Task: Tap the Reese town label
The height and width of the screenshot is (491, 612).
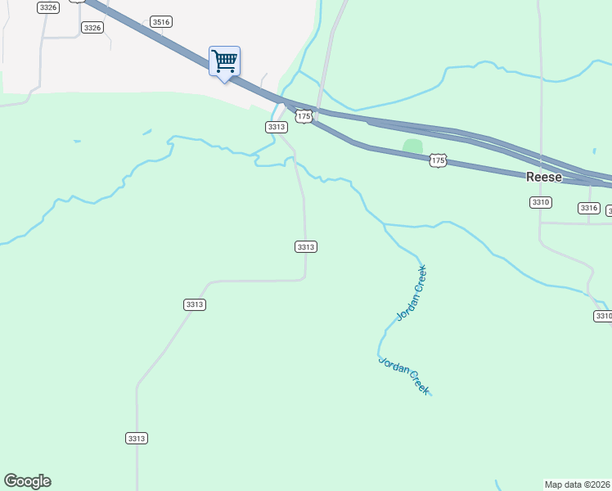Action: [544, 178]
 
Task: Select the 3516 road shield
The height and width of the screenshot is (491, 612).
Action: [161, 22]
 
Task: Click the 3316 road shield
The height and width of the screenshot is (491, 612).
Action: [589, 208]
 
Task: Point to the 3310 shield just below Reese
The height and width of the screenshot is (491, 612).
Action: [540, 201]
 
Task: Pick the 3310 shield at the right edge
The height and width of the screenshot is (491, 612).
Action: [603, 316]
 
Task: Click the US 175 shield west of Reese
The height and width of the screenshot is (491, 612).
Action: [438, 161]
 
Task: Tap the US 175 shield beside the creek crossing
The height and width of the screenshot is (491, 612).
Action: [304, 117]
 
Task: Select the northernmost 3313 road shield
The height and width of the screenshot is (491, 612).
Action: [276, 127]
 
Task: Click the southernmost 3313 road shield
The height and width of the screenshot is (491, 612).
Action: [137, 439]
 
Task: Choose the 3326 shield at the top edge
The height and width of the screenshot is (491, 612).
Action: [48, 7]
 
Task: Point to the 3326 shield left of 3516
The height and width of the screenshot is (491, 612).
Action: [92, 28]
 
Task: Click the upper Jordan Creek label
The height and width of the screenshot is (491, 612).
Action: [412, 292]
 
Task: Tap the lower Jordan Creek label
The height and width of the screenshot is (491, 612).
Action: [403, 376]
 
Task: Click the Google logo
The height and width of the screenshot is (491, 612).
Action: [27, 481]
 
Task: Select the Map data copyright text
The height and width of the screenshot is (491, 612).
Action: [578, 484]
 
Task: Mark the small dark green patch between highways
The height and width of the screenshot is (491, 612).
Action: [412, 146]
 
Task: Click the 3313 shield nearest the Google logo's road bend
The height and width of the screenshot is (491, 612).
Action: [195, 304]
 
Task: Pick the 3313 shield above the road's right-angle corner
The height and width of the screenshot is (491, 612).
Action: [306, 246]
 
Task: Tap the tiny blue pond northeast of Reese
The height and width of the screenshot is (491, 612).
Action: [595, 151]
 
